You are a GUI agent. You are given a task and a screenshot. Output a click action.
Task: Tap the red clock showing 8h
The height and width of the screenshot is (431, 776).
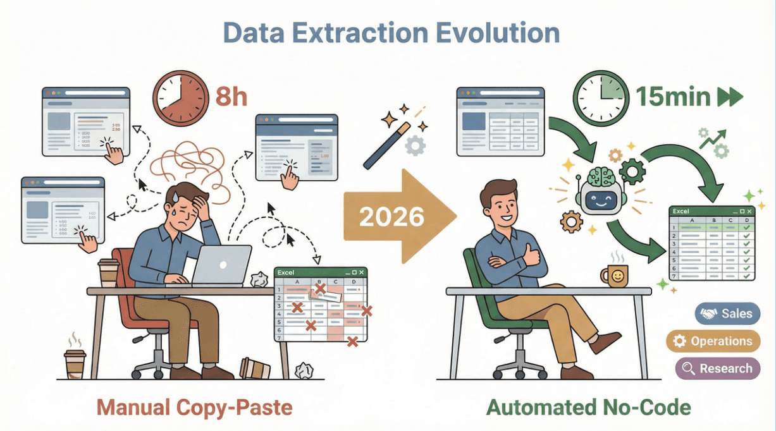tap(180, 98)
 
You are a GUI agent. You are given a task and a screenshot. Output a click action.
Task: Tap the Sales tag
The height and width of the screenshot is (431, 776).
tap(727, 313)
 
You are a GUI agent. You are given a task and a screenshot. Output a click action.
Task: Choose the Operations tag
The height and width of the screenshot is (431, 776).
tap(713, 341)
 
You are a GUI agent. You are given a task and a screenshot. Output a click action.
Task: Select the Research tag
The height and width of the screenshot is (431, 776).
tap(717, 368)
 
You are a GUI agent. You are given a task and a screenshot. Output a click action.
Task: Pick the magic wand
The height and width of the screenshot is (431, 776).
tap(387, 143)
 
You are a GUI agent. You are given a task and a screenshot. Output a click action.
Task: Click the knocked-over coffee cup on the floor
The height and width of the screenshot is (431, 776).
tap(255, 368)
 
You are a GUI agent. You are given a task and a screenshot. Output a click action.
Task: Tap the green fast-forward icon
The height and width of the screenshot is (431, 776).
tap(728, 97)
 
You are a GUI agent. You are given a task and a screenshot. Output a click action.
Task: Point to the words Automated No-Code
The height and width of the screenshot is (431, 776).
tap(588, 407)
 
